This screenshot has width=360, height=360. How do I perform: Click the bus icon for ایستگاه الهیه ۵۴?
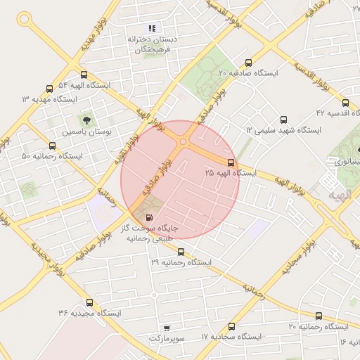[84, 74]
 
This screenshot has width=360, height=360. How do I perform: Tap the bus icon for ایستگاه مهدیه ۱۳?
[49, 89]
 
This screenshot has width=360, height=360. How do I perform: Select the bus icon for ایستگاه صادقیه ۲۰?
[248, 61]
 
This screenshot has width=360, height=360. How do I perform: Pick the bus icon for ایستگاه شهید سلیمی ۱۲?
[283, 120]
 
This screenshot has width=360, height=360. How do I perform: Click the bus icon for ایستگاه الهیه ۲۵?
[231, 162]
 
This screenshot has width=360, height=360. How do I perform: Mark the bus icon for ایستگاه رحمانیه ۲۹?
[181, 251]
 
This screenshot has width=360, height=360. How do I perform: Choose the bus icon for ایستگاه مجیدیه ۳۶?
[89, 302]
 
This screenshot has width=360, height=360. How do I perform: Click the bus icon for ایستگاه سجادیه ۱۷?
[231, 326]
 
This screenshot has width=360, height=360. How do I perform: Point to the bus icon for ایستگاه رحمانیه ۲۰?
[319, 316]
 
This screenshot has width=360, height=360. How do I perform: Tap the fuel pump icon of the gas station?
[148, 217]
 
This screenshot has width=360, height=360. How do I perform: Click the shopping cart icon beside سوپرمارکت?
[166, 327]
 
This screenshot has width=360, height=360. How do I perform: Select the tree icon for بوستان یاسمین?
[87, 120]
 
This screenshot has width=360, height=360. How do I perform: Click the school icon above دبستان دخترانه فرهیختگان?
[151, 29]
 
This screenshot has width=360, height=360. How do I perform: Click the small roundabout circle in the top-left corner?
[27, 20]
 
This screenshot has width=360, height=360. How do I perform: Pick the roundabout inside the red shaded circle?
[183, 143]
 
